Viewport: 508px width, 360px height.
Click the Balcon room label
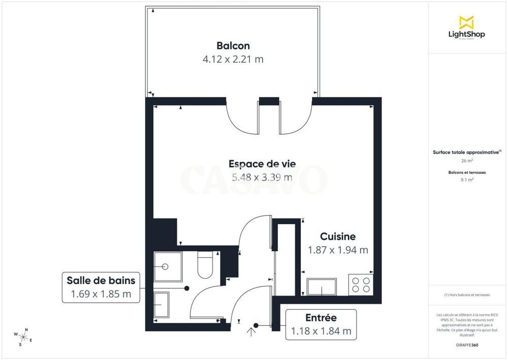click(233, 46)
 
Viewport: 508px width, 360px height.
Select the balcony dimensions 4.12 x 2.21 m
click(233, 59)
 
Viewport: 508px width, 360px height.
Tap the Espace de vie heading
click(262, 164)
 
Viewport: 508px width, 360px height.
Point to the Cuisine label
click(338, 236)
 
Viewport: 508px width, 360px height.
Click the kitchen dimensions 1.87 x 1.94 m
click(338, 250)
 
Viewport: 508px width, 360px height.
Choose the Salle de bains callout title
click(101, 280)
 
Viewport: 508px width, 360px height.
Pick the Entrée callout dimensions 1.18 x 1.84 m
click(321, 331)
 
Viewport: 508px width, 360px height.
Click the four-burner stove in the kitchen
click(361, 285)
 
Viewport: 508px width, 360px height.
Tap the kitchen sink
click(322, 287)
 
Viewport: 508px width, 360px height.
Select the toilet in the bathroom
click(205, 265)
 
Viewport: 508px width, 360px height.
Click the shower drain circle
click(165, 266)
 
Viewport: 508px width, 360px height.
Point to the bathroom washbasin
click(162, 305)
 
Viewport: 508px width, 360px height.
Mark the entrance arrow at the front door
click(251, 332)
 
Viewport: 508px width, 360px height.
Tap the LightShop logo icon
click(466, 22)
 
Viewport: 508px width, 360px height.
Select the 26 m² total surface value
click(466, 161)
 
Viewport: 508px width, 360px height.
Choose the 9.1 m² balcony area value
click(467, 179)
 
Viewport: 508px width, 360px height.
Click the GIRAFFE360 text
click(467, 345)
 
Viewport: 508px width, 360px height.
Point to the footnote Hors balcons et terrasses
click(467, 295)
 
